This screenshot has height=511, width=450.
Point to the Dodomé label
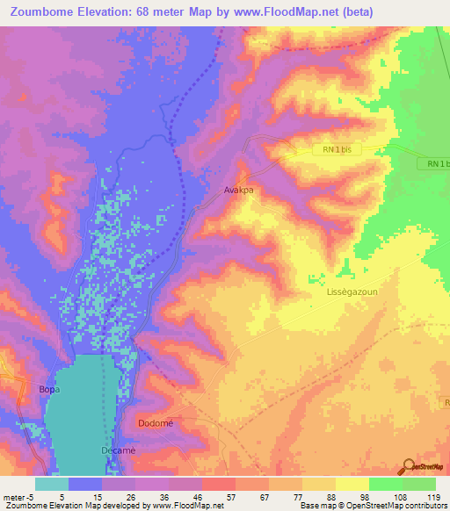[156, 423]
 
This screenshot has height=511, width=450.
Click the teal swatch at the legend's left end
[52, 483]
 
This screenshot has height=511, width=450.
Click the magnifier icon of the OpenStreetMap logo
[409, 465]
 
